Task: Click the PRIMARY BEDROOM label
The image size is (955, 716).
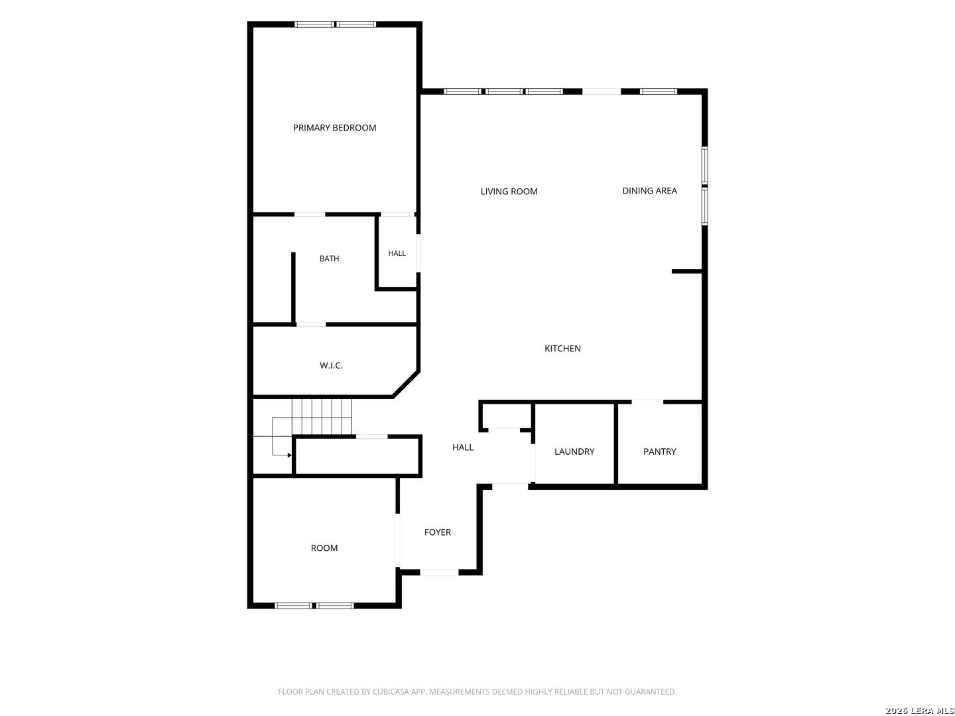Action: coord(334,128)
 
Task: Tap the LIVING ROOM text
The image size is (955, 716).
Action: coord(509,192)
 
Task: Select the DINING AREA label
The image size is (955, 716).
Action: coord(649,190)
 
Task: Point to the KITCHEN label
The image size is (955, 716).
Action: coord(562,348)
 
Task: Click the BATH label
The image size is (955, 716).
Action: coord(329,259)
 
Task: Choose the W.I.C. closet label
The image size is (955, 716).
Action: coord(331,365)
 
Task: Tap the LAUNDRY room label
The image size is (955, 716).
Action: coord(574,451)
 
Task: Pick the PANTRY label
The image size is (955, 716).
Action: coord(659,451)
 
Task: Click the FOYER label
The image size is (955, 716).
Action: coord(437,532)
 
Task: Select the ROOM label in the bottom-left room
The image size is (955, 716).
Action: coord(324,548)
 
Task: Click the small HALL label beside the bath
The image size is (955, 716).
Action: coord(397,253)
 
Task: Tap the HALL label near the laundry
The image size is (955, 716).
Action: coord(462,447)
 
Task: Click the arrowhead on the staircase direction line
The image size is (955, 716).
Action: coord(289,455)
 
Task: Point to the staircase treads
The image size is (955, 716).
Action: coord(321,416)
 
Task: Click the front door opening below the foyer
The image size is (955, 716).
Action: coord(438,573)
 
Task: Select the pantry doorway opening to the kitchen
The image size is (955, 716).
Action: coord(647,401)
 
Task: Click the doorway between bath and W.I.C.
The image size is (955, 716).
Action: coord(310,324)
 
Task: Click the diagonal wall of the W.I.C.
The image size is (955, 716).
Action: coord(405,384)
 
